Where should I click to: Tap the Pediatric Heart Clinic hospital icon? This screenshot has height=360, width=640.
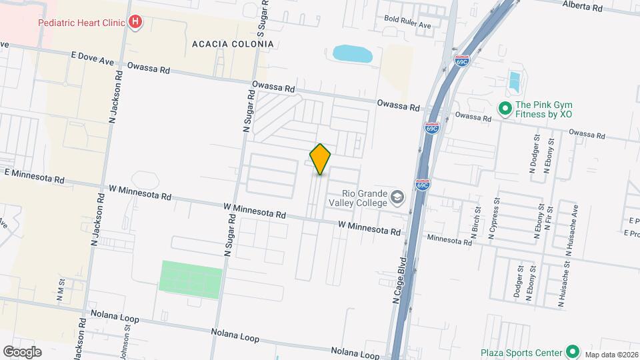(x=136, y=22)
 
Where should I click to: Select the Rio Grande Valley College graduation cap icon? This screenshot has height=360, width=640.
(x=397, y=197)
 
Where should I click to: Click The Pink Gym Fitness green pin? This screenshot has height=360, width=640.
(x=505, y=108)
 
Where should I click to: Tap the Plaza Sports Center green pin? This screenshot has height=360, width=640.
(x=571, y=351)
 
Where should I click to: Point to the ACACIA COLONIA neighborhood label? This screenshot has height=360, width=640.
(x=233, y=44)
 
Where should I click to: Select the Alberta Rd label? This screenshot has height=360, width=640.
(x=582, y=6)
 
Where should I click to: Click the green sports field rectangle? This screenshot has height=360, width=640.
(x=191, y=279)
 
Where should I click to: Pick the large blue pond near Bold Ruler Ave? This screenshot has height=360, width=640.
(x=352, y=54)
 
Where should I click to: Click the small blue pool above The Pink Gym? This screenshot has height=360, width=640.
(x=514, y=81)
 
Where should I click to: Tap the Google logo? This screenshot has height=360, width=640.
(x=22, y=352)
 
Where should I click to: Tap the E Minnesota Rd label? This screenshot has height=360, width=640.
(x=34, y=176)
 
